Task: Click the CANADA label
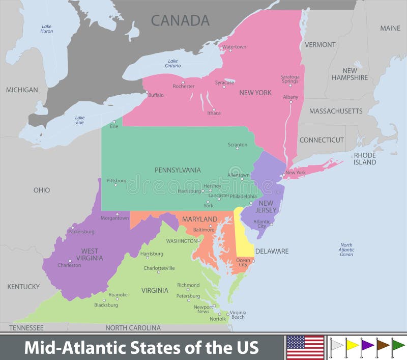point(180,20)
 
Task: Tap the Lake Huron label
point(47,29)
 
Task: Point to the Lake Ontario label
point(173,63)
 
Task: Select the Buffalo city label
point(156,95)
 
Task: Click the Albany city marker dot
point(291,102)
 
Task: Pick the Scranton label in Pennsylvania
point(238,145)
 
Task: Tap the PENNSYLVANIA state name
point(178,170)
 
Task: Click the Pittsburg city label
point(117,180)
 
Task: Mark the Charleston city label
point(69,265)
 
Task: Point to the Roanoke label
point(118,294)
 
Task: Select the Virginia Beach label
point(238,315)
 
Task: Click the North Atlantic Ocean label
point(346,250)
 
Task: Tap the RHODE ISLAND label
point(365,158)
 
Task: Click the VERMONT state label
point(320,45)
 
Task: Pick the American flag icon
point(305,347)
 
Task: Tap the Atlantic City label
point(262,224)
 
